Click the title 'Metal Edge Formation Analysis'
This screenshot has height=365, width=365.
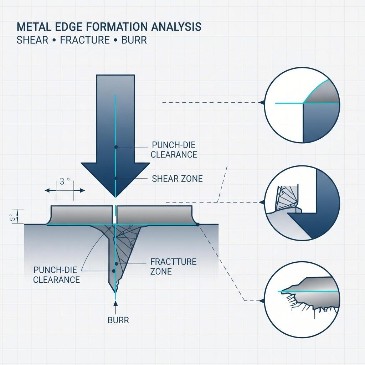point(109,27)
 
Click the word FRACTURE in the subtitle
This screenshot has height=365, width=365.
point(85,40)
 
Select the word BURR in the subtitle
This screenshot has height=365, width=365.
point(134,40)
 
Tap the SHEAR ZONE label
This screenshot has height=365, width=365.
point(177,179)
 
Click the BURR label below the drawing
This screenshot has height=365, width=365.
point(118,320)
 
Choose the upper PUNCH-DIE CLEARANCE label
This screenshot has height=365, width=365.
point(174,150)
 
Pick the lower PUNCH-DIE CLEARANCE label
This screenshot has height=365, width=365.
point(56,274)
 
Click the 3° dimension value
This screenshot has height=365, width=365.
point(65,181)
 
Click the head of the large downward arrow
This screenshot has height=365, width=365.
point(115,178)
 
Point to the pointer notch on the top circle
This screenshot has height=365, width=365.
point(262,103)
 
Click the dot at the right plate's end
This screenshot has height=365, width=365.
point(197,225)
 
